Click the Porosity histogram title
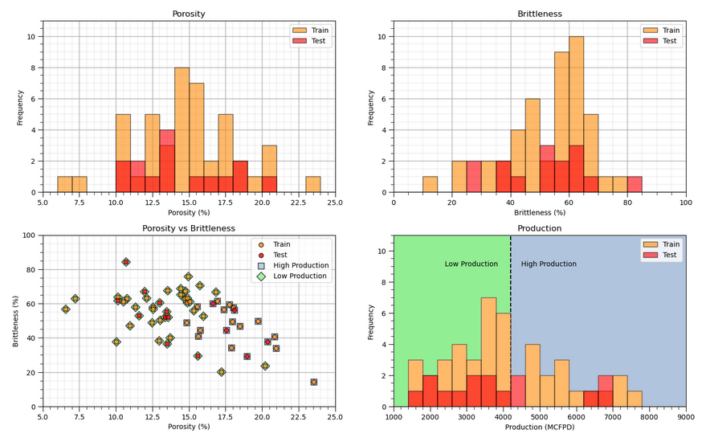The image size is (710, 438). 189,14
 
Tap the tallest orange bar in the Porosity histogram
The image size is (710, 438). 182,130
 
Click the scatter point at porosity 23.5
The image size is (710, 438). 313,382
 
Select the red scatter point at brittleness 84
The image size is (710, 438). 126,262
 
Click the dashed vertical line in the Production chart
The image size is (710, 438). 511,321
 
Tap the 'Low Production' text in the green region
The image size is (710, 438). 471,264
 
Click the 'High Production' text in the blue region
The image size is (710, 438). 549,264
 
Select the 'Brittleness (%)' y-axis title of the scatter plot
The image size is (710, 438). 17,321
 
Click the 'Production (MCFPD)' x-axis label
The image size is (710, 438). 540,427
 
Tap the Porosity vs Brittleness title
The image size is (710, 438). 189,228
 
